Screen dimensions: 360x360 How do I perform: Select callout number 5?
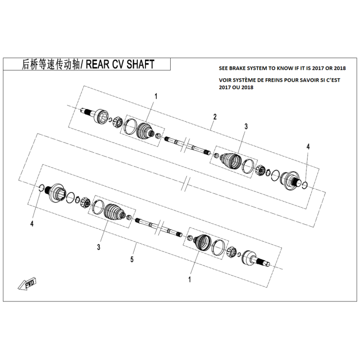point(132,260)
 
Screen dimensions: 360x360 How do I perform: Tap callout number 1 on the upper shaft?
point(156,96)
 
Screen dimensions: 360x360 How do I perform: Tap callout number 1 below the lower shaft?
point(190,280)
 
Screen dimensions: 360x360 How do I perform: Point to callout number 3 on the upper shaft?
point(246,126)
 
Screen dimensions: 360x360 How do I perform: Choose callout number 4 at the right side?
point(308,147)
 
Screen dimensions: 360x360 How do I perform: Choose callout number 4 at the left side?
point(32,224)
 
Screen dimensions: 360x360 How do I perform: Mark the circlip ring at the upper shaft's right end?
point(305,184)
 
